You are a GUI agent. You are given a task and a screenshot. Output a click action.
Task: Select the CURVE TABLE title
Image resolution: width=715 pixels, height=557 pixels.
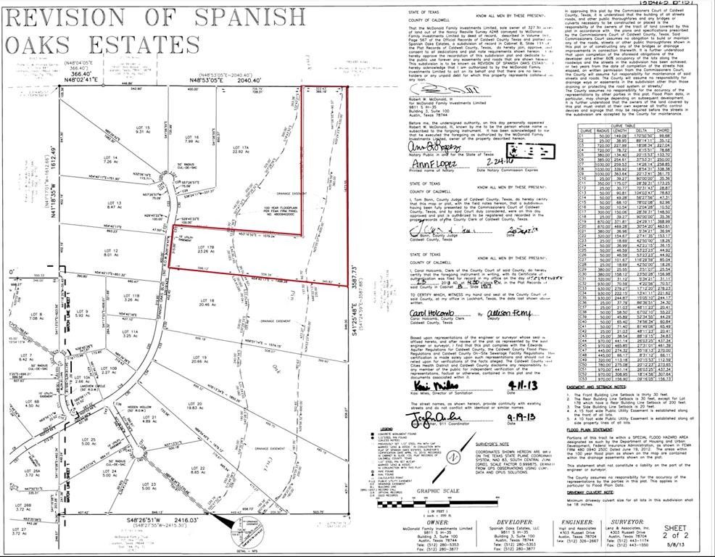coord(635,124)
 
